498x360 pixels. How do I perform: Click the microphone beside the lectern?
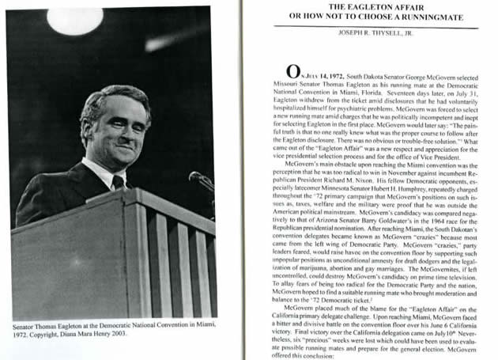point(200,180)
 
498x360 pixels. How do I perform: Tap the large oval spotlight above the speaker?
point(76,21)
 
